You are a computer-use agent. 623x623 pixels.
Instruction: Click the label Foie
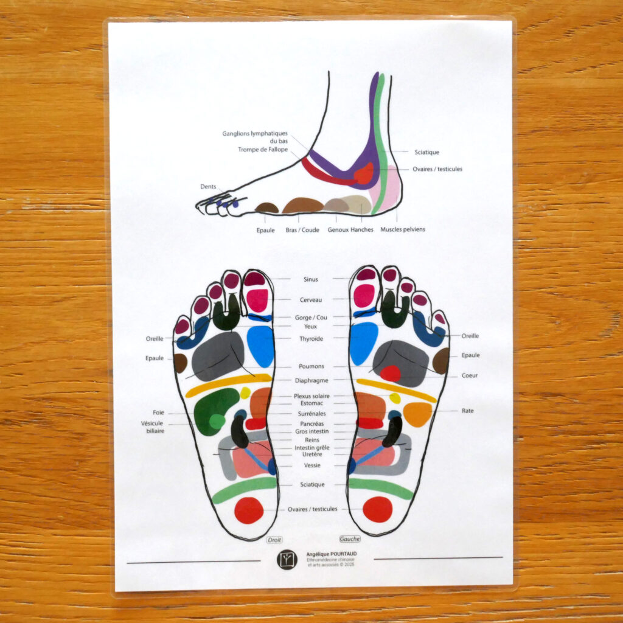158,412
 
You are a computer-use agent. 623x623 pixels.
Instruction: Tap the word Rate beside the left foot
467,411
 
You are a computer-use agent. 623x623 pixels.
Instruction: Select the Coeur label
470,375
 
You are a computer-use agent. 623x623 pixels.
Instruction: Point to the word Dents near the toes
208,187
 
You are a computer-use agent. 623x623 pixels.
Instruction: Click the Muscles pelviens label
403,229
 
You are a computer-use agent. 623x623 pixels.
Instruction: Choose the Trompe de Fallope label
263,150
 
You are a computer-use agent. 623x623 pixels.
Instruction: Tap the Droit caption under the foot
274,539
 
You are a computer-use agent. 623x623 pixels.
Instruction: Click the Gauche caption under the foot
350,538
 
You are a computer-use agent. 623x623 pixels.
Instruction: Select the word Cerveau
311,300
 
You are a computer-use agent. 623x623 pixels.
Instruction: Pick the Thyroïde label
311,338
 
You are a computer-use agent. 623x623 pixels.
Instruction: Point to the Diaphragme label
311,380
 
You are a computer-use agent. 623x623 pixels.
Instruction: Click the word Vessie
311,465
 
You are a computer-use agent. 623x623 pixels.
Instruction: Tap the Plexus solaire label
311,396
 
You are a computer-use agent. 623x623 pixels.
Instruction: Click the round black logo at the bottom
287,559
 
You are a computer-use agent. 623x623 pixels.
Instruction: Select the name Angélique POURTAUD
332,554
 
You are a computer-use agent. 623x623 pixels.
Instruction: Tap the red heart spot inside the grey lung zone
390,373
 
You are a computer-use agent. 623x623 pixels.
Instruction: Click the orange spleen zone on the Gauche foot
417,414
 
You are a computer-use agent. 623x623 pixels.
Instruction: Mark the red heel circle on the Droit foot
249,510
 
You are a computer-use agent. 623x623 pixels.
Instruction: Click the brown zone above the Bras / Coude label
302,205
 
